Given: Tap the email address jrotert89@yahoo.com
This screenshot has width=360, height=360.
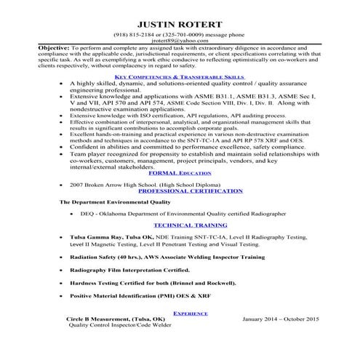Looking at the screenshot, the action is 180,41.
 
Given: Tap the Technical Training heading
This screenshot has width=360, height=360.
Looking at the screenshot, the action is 180,226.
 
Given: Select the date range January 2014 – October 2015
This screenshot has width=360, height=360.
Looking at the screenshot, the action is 281,339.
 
